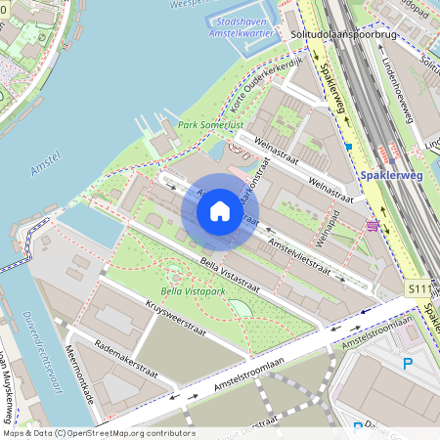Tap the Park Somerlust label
(211, 125)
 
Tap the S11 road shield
(418, 289)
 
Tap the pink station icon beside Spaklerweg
(373, 225)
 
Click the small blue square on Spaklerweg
(348, 147)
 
